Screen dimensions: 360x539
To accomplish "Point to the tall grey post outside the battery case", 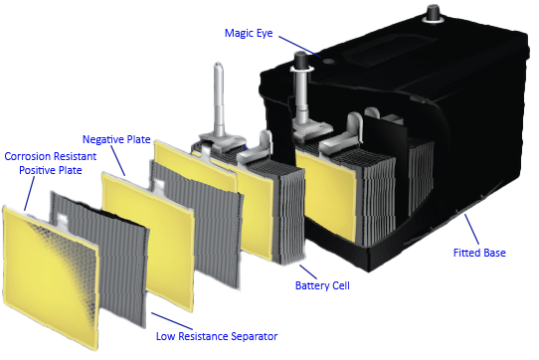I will (217, 99).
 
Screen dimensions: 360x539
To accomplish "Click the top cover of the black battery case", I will (398, 60).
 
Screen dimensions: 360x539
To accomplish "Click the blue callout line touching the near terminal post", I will (282, 41).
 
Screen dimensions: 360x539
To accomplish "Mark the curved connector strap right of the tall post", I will (254, 144).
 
